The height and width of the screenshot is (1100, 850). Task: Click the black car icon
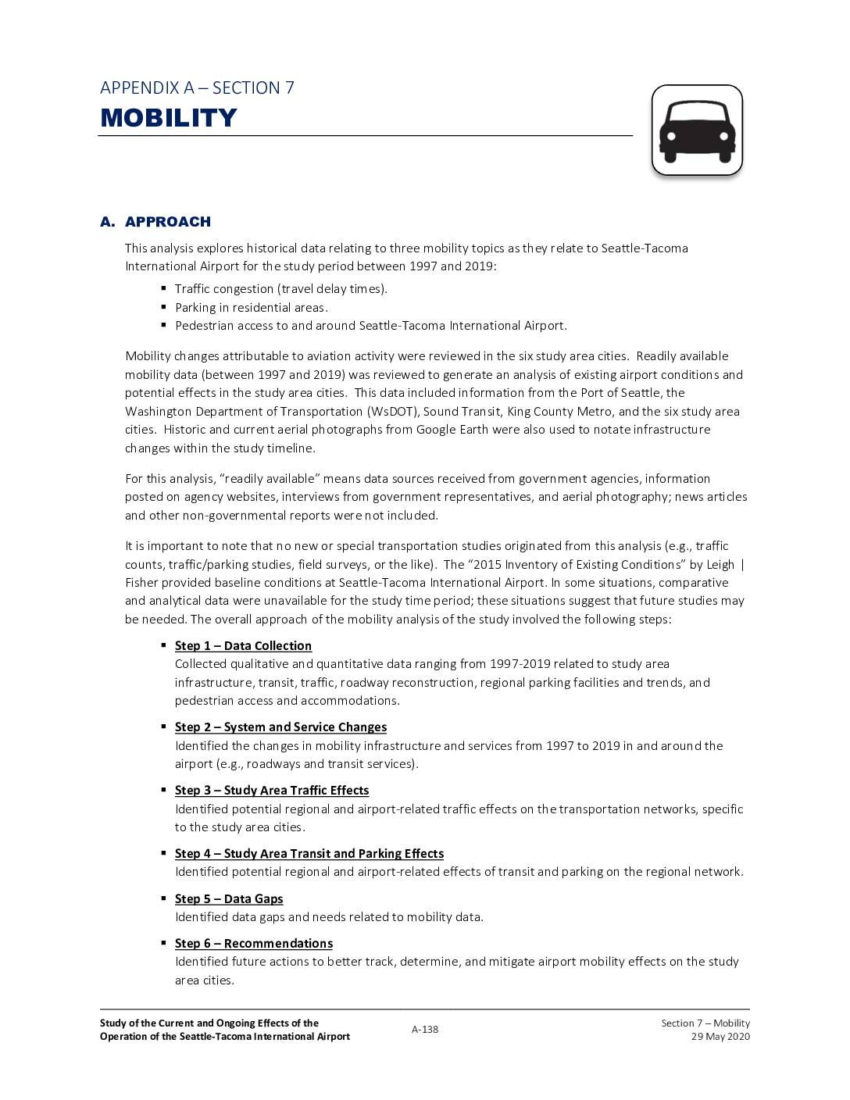tap(697, 130)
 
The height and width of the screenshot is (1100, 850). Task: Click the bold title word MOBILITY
tap(169, 118)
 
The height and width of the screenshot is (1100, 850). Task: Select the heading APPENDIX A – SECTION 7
tap(197, 87)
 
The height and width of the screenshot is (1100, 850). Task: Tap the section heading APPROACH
tap(167, 222)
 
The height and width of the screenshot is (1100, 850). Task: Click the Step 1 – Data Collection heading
tap(243, 646)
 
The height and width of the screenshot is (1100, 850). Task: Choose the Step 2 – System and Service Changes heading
tap(280, 727)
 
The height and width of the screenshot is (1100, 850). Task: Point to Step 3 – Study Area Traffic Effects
tap(271, 791)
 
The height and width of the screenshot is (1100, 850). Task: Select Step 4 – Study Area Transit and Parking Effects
tap(309, 854)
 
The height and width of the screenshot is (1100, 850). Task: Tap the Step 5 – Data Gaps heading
tap(228, 899)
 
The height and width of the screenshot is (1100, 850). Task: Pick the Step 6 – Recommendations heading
tap(253, 944)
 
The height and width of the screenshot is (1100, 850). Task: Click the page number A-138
tap(425, 1030)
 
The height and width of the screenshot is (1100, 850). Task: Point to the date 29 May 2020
tap(720, 1037)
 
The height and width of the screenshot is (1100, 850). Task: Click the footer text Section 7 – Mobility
tap(705, 1023)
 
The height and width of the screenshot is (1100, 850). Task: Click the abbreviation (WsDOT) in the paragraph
tap(392, 412)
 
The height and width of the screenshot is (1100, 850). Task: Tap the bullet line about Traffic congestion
tap(280, 289)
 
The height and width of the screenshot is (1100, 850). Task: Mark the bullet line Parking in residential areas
tap(251, 308)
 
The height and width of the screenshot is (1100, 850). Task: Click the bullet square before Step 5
tap(164, 898)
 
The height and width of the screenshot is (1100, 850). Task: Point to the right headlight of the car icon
tap(724, 137)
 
